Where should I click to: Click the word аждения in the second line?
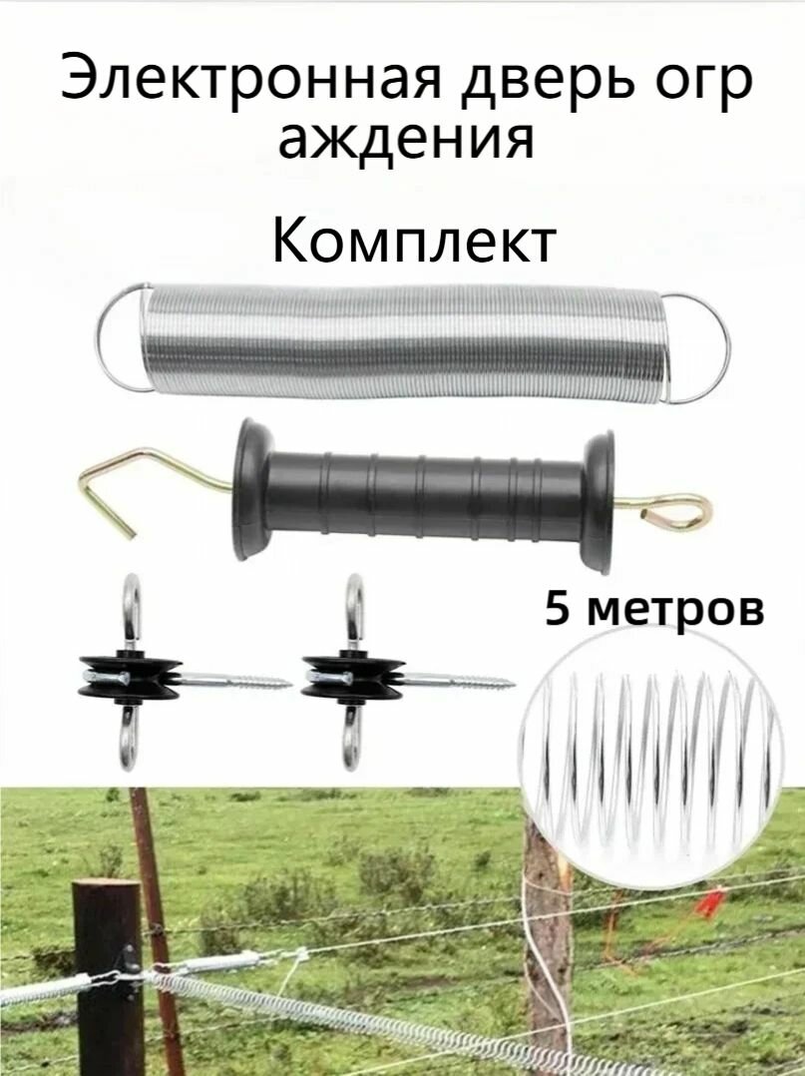tap(405, 139)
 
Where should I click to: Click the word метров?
tap(673, 608)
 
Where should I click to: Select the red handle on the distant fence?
tap(711, 904)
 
